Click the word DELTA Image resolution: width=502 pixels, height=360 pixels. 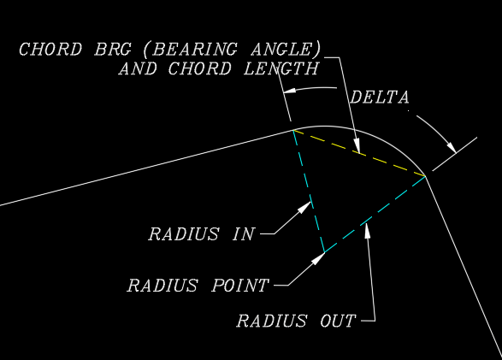tap(380, 97)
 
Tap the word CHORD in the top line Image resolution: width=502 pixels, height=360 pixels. tap(50, 49)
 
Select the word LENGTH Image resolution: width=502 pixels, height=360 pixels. tap(281, 68)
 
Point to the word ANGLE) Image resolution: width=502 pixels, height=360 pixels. tap(286, 49)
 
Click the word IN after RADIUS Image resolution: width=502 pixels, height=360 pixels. tap(244, 234)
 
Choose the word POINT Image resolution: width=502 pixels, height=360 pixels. tap(240, 285)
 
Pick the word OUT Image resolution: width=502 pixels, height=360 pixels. tap(338, 321)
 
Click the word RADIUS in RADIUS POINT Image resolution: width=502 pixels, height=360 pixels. tap(162, 285)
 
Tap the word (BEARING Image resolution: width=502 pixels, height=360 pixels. tap(190, 49)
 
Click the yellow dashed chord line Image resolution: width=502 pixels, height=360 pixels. tap(359, 153)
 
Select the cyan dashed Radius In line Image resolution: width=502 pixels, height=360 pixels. tap(310, 191)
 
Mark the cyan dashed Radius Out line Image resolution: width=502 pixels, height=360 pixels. tap(375, 214)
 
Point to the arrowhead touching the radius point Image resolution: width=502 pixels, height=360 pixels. tap(318, 258)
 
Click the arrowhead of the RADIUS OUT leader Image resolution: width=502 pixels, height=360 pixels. tap(367, 230)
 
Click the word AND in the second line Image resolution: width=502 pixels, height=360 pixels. tap(138, 68)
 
